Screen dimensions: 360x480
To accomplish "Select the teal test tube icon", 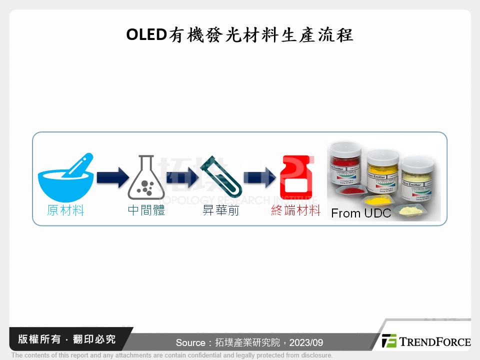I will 220,178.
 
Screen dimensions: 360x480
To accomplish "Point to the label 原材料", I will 66,210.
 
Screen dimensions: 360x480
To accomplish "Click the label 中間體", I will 146,210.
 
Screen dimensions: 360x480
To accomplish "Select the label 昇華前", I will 220,210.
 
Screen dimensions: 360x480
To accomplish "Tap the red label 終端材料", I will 296,210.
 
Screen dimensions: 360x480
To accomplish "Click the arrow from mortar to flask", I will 110,178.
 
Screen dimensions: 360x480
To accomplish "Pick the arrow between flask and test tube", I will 182,178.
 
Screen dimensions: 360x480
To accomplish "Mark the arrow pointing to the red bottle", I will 260,178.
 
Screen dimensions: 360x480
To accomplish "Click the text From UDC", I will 361,213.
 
